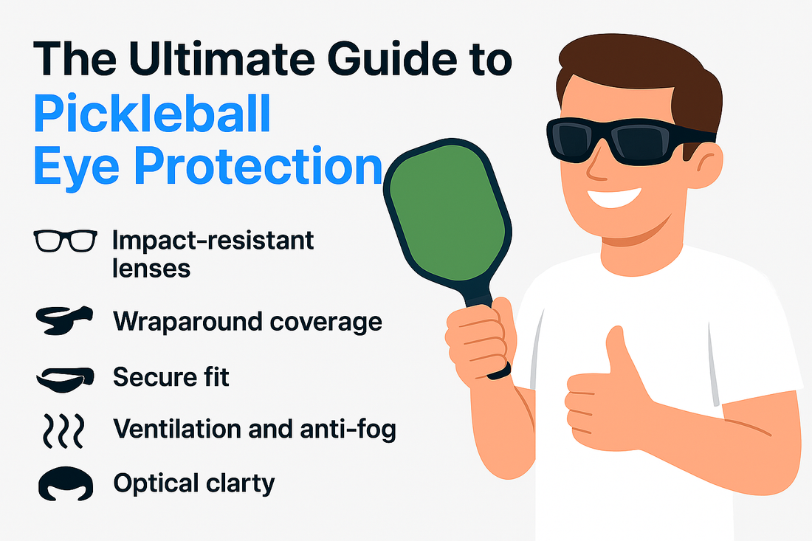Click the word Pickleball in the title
click(x=152, y=114)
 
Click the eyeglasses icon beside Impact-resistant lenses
click(x=65, y=241)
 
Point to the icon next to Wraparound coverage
click(x=64, y=320)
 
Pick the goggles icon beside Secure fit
click(x=65, y=379)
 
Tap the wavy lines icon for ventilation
click(x=63, y=431)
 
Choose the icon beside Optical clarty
click(x=66, y=483)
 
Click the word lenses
click(x=151, y=269)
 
